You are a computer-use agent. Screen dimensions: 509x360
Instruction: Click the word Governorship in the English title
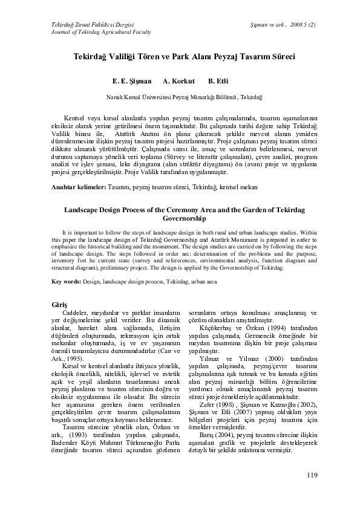pyautogui.click(x=180, y=218)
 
